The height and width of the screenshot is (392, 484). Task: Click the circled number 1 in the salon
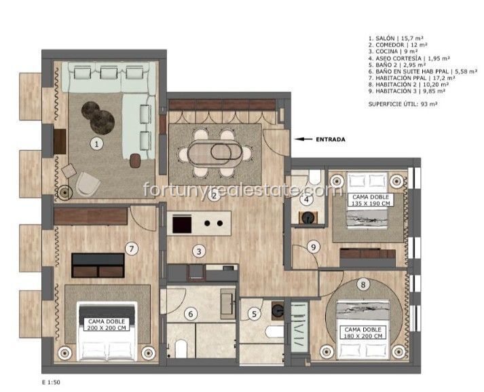(x=97, y=144)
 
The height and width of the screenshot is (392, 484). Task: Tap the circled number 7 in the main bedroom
(x=132, y=249)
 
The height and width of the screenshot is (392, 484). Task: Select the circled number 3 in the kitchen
(x=199, y=251)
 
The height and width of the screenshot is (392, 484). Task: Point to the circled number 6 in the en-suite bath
(x=191, y=314)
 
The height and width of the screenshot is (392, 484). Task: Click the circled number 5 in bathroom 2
(x=255, y=314)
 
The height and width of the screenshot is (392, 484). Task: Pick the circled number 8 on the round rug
(x=363, y=285)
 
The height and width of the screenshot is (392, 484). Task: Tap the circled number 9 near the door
(x=314, y=247)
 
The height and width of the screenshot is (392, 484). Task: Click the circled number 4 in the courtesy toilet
(x=306, y=200)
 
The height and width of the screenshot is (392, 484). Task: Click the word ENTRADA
(x=331, y=139)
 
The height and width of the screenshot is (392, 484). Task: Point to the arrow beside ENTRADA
(x=303, y=139)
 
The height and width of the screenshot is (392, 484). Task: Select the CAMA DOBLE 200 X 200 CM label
(x=107, y=325)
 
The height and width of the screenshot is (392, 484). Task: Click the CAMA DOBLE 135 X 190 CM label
(x=371, y=200)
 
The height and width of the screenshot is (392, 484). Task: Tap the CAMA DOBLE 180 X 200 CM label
(x=363, y=333)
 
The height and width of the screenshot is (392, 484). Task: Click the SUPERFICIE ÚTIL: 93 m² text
(x=403, y=104)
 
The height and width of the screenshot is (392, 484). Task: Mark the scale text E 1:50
(x=51, y=382)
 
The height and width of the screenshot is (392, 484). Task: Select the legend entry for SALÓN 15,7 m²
(x=396, y=38)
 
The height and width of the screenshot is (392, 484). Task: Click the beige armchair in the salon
(x=88, y=184)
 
